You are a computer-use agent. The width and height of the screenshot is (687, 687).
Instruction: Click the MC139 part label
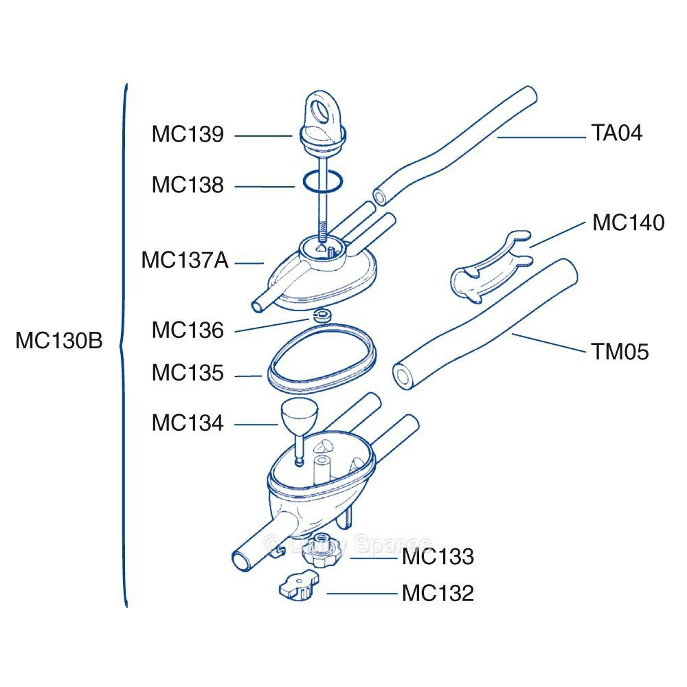[188, 135]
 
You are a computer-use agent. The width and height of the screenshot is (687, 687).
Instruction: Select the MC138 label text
[188, 185]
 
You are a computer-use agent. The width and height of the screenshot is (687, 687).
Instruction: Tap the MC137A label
[185, 261]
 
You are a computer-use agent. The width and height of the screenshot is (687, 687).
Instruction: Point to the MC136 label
[188, 330]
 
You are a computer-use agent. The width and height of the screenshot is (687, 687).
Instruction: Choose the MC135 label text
[188, 374]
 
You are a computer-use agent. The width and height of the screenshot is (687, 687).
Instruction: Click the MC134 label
[188, 423]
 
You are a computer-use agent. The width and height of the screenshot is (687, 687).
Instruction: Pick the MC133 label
[438, 556]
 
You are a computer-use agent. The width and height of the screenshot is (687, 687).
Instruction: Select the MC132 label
[438, 593]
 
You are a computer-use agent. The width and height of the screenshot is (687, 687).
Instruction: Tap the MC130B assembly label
[59, 341]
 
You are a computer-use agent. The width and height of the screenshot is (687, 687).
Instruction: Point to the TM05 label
[620, 352]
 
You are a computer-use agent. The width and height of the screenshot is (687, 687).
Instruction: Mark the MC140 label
[628, 223]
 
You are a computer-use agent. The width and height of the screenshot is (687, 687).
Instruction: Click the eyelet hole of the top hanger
[320, 109]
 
